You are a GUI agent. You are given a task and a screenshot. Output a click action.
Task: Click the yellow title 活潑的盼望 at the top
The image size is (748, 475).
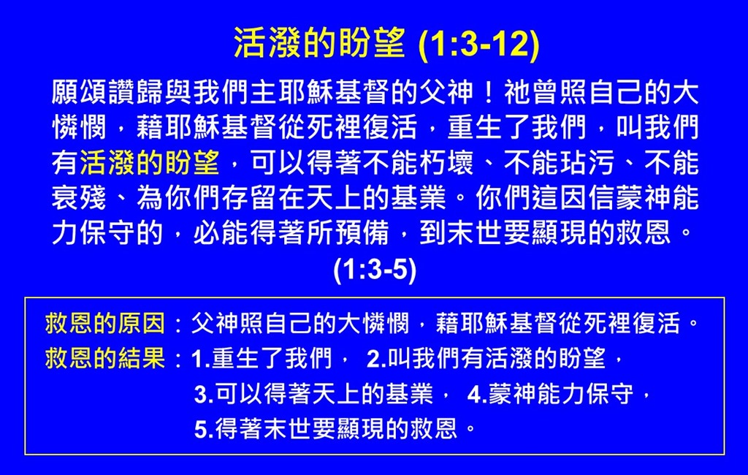319,43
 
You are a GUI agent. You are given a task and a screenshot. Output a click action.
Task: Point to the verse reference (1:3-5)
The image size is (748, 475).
375,270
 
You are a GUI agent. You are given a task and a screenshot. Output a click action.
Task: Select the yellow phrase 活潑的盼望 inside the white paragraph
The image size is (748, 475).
150,163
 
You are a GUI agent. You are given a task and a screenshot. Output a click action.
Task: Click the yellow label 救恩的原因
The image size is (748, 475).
105,323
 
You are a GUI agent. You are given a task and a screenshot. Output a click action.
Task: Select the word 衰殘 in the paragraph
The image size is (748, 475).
79,198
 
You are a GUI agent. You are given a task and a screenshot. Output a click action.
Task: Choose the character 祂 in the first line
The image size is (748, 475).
517,93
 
